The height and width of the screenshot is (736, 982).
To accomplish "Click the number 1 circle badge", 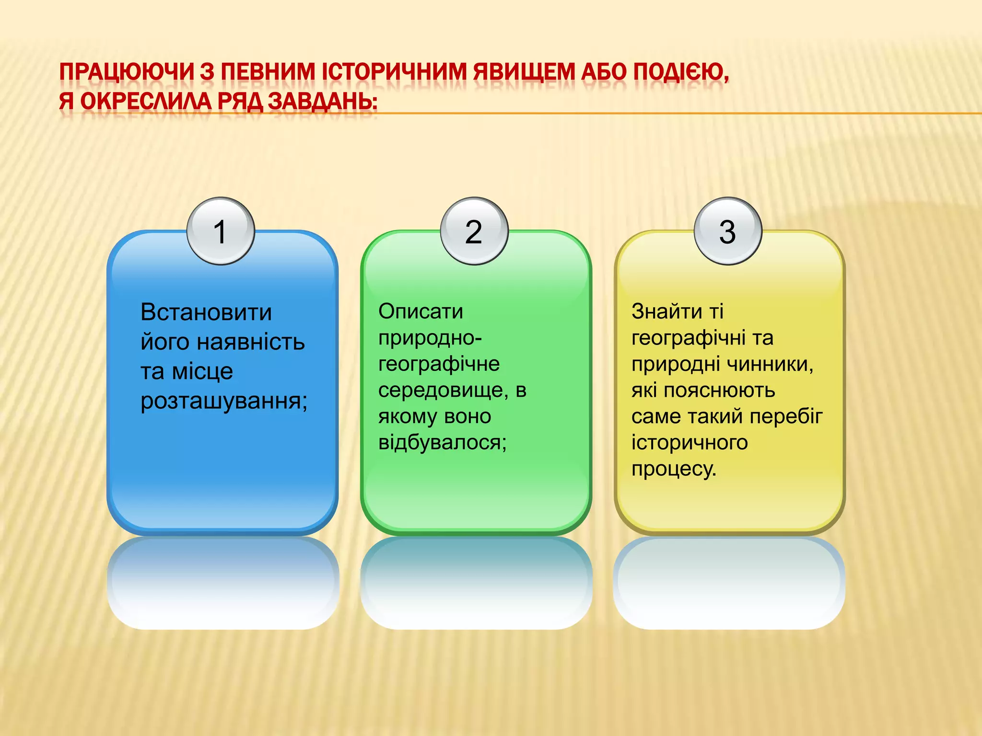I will point(221,231).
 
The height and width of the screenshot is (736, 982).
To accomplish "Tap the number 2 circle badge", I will point(474,231).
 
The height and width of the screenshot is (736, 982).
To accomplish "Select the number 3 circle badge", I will point(727,231).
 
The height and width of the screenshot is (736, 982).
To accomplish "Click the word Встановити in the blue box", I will point(206,312).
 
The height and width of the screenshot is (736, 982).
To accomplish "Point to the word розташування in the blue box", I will point(222,401).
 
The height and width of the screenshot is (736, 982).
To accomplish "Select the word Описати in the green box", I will point(421,311).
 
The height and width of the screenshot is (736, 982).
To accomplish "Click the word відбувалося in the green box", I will point(441,442).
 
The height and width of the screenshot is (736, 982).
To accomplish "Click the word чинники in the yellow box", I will point(769,364).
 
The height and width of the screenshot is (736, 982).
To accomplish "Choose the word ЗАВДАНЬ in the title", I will point(321,102).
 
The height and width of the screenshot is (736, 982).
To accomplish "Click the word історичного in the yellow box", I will point(689,442).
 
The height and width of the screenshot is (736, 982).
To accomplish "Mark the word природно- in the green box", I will point(430,338).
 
